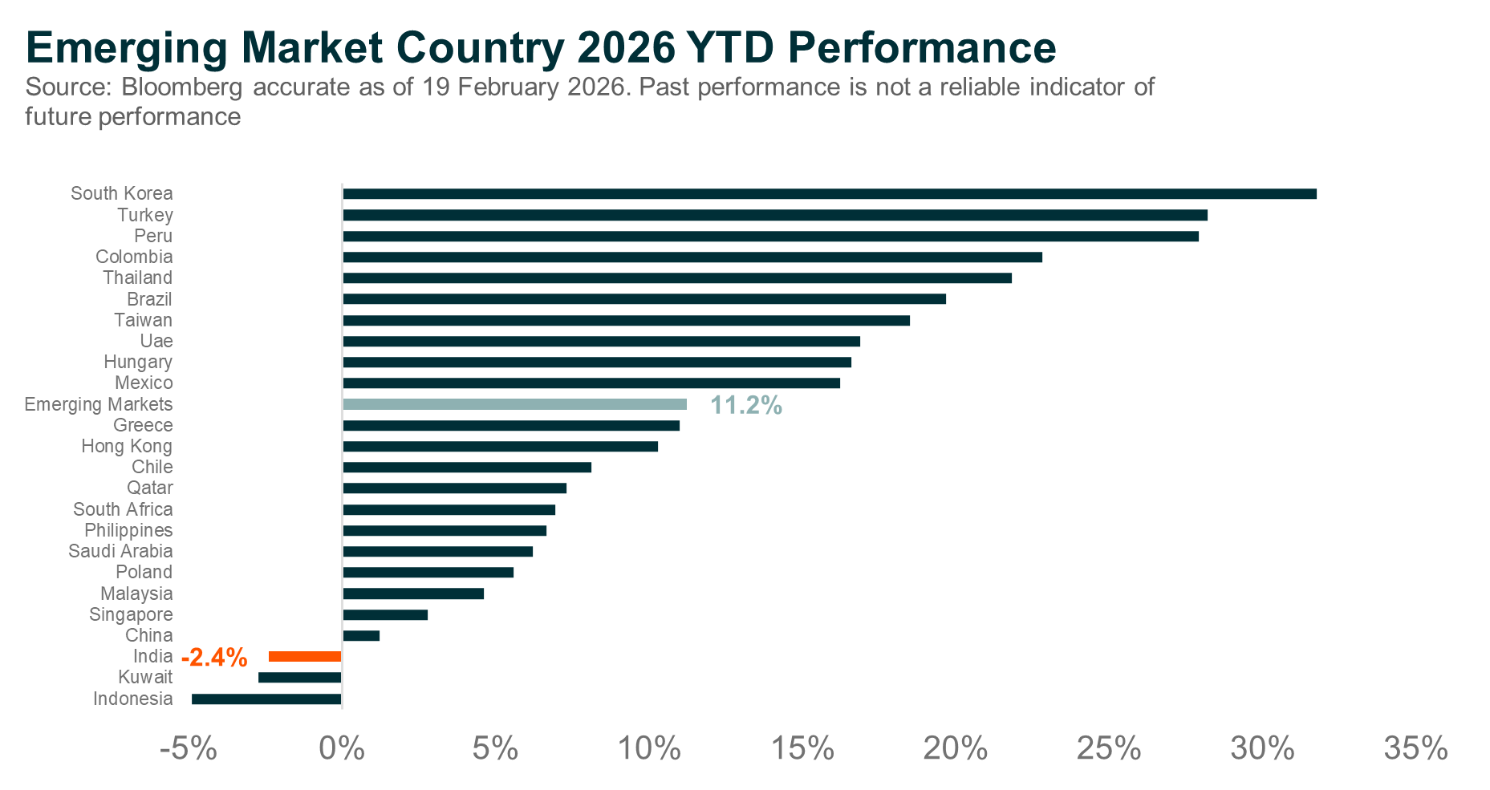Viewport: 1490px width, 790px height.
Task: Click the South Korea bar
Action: [x=829, y=193]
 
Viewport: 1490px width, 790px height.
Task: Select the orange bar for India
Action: [x=305, y=656]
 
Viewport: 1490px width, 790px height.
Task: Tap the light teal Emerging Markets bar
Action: [x=514, y=404]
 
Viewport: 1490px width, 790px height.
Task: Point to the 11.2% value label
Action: [x=745, y=406]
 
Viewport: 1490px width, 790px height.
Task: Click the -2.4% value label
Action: [x=214, y=658]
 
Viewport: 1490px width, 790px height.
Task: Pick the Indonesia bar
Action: [x=266, y=699]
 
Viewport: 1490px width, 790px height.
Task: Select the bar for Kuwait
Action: [x=299, y=678]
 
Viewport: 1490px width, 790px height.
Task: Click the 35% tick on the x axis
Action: [x=1415, y=748]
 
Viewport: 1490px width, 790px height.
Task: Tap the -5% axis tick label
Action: [x=189, y=748]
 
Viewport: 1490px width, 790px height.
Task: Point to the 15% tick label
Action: [x=802, y=748]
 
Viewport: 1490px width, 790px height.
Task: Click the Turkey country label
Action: [x=145, y=215]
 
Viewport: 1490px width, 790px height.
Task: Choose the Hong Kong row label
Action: [x=127, y=446]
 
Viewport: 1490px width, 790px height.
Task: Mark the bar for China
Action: [x=361, y=635]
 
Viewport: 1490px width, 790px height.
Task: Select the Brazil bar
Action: [x=644, y=299]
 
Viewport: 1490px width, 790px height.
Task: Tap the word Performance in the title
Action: [x=921, y=47]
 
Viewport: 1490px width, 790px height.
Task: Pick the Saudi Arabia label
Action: [x=120, y=551]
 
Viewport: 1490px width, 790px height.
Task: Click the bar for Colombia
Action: [x=692, y=257]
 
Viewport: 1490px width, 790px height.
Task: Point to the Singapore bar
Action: [x=385, y=614]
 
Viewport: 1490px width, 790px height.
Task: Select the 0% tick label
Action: [x=342, y=748]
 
